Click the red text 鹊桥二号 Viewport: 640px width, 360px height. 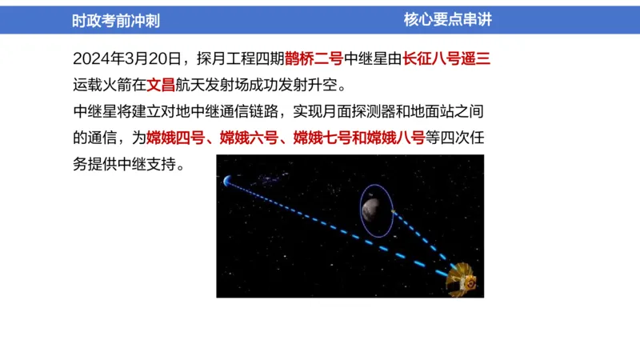click(x=314, y=58)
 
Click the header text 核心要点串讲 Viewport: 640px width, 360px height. click(x=448, y=20)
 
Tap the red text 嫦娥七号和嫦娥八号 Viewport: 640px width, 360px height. click(x=358, y=137)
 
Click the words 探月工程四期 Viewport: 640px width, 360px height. click(x=242, y=58)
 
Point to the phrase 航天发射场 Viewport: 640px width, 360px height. click(x=211, y=84)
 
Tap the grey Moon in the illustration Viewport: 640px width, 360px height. click(x=372, y=210)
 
